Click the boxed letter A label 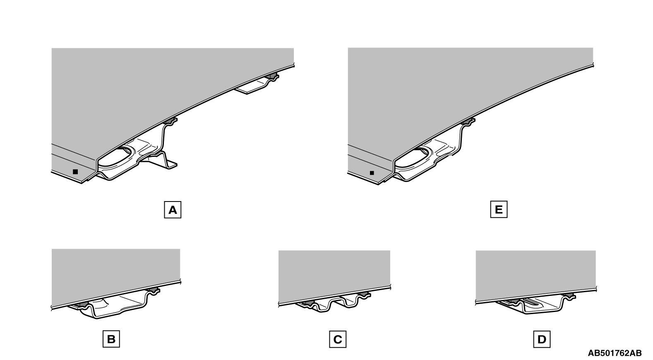(x=173, y=210)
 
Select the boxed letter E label (x=499, y=209)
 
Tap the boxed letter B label (x=111, y=339)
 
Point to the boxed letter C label (x=338, y=339)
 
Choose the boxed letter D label (x=542, y=339)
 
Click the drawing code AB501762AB (x=615, y=353)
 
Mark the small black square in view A (x=75, y=172)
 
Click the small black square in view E (x=372, y=173)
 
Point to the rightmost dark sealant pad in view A (x=271, y=76)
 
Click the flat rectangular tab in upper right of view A (x=250, y=88)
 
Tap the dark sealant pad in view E (x=468, y=121)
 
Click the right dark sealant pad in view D (x=570, y=296)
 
